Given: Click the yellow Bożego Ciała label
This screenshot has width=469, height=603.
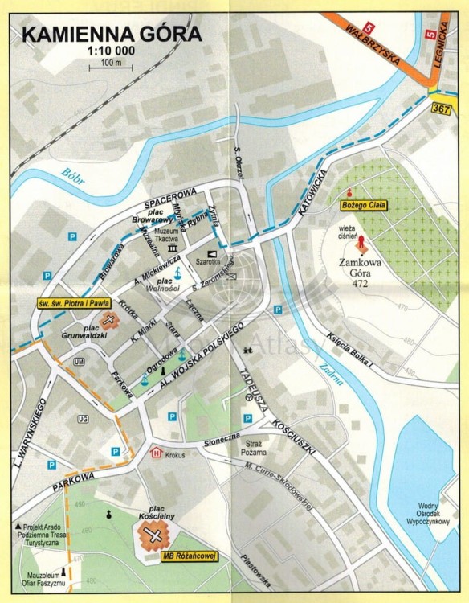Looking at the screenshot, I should pyautogui.click(x=359, y=206).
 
